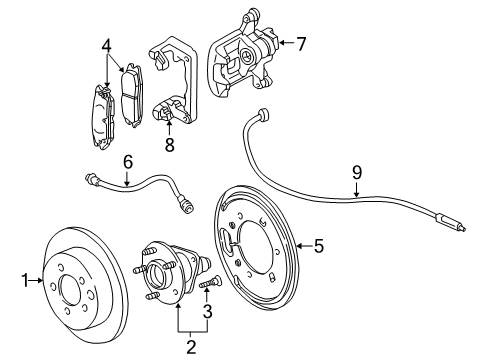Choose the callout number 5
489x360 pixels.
pos(318,243)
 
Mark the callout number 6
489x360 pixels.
pos(127,161)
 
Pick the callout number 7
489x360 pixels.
pos(300,42)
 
